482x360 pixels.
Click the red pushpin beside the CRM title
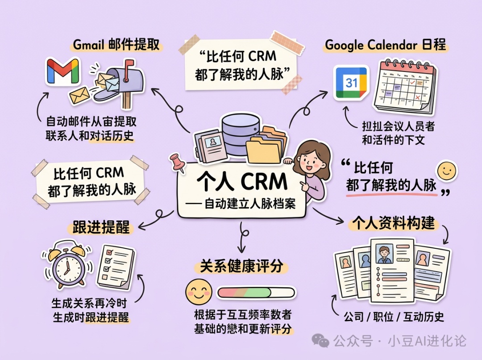pos(178,163)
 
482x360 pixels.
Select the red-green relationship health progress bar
pos(256,293)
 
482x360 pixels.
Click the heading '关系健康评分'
pos(241,267)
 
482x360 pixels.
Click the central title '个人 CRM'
pos(242,182)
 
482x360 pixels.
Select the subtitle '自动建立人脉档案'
pos(249,204)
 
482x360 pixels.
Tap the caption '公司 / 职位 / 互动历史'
pos(394,317)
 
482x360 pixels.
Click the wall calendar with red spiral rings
pos(404,87)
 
